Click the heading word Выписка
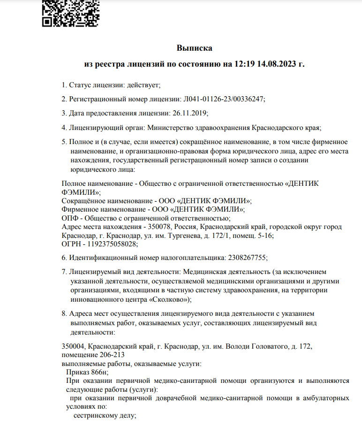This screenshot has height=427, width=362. pyautogui.click(x=194, y=48)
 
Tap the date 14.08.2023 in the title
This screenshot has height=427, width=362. pyautogui.click(x=274, y=64)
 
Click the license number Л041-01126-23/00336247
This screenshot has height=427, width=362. pyautogui.click(x=223, y=99)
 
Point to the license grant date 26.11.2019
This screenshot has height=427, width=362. pyautogui.click(x=189, y=113)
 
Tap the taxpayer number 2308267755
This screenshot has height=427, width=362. pyautogui.click(x=247, y=258)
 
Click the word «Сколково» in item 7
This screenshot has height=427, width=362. pyautogui.click(x=169, y=299)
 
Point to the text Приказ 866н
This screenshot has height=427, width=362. pyautogui.click(x=87, y=372)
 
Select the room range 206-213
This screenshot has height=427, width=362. pyautogui.click(x=112, y=355)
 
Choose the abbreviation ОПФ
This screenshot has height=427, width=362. pyautogui.click(x=69, y=218)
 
